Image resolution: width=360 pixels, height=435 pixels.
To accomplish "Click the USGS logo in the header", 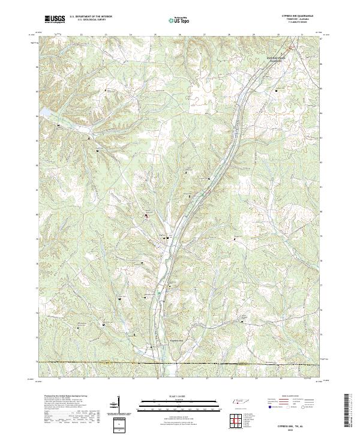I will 55,19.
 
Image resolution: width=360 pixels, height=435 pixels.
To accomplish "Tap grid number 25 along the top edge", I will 155,35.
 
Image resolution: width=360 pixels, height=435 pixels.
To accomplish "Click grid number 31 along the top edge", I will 302,35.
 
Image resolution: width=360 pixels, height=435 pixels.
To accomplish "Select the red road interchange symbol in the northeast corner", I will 291,47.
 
